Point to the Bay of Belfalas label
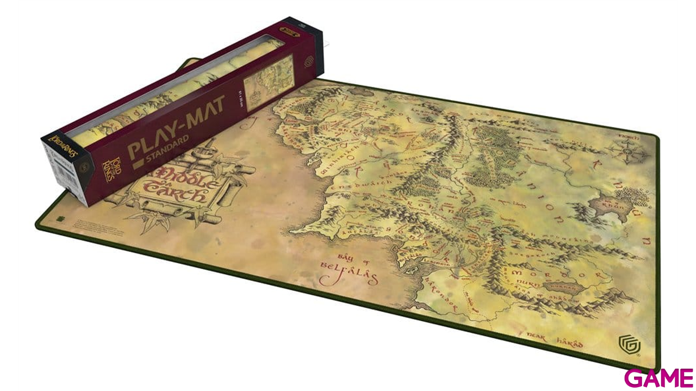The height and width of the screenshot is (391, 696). coord(349,269)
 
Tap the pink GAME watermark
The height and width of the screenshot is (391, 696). coord(658,377)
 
